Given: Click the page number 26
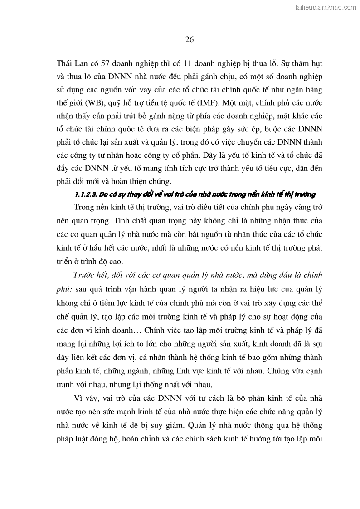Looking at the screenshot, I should (190, 39).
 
